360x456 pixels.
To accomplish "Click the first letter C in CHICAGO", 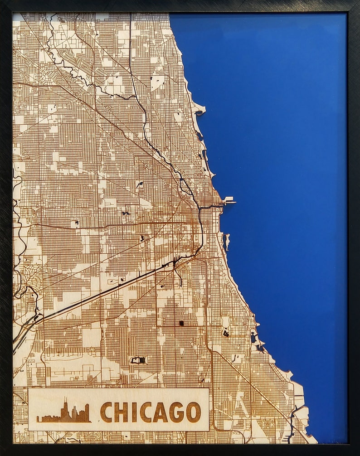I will (x=106, y=412).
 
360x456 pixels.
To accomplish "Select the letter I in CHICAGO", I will (x=133, y=412).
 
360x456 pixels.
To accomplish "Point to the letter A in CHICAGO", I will (x=160, y=412).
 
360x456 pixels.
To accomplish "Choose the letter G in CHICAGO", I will (x=176, y=412).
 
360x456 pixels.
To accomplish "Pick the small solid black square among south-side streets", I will (x=181, y=323).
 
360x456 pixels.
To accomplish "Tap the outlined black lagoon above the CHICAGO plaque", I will (x=137, y=360).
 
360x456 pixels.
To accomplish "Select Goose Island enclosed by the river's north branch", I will (x=185, y=185).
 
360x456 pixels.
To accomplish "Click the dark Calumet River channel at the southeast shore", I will (x=291, y=424).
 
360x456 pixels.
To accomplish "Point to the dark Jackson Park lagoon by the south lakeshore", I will (x=254, y=338).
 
